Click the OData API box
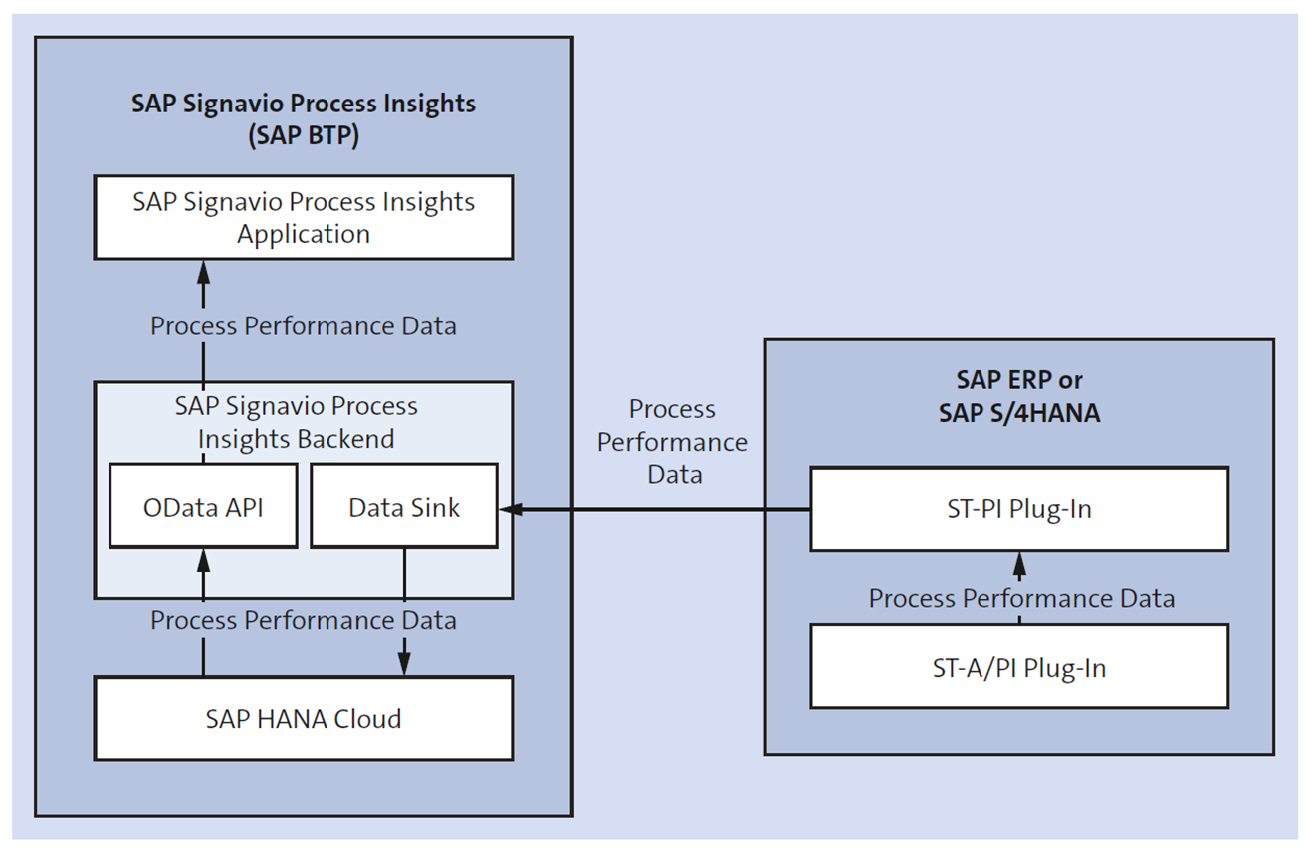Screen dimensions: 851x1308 (203, 506)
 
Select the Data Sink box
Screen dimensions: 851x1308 (403, 506)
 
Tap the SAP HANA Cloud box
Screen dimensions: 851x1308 (304, 718)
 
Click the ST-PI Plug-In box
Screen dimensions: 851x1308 (1018, 509)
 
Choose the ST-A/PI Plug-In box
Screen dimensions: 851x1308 (1018, 667)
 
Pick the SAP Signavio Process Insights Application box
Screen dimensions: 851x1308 (304, 217)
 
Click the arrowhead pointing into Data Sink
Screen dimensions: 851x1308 (509, 509)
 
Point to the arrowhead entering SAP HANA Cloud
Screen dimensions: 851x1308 (404, 668)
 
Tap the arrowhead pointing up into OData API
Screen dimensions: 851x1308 (203, 557)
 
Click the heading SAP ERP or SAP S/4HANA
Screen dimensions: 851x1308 (1018, 396)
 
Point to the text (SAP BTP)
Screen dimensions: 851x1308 (304, 136)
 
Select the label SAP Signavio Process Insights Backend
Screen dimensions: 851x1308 (297, 422)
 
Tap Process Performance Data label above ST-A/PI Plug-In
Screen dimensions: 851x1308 (1021, 598)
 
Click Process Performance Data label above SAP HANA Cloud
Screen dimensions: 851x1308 (304, 620)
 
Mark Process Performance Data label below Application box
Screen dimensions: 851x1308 (304, 325)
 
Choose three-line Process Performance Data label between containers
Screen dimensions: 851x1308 (673, 442)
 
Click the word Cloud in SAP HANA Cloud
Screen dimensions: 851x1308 (366, 718)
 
